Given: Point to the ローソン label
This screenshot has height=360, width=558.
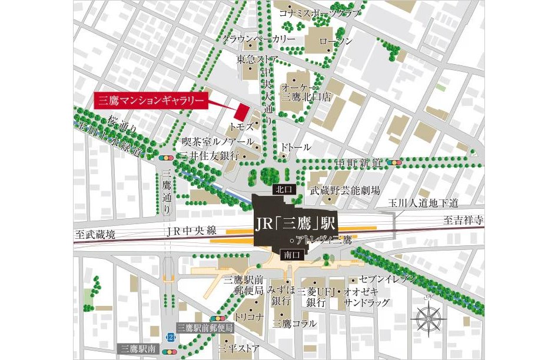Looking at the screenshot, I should pos(336,41).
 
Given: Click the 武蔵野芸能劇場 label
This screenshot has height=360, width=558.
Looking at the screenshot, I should pos(345,191).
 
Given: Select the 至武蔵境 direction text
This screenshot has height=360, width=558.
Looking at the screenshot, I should pos(95,234).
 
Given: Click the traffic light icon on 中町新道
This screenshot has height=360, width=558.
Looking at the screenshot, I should pos(394,162).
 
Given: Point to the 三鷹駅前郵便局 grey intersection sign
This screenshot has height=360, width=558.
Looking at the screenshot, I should pos(205,328).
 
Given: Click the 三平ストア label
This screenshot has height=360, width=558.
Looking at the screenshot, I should pos(238,349).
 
